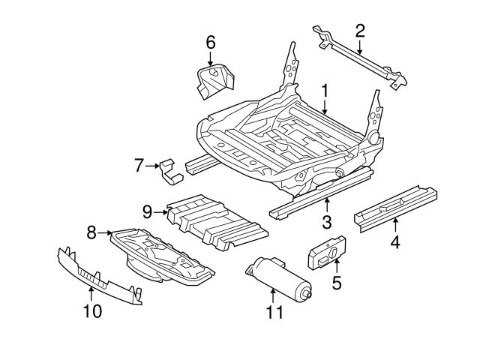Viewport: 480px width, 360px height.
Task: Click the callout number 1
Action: point(325,91)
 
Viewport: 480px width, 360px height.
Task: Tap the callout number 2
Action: point(361,31)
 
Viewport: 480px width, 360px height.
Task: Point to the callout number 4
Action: point(395,241)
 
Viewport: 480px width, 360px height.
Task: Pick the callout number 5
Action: point(337,284)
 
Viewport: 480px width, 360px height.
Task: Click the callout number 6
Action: point(211,43)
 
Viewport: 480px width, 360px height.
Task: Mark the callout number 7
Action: point(139,165)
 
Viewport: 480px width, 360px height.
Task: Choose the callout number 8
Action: point(91,232)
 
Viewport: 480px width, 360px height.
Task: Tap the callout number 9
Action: point(147,211)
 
